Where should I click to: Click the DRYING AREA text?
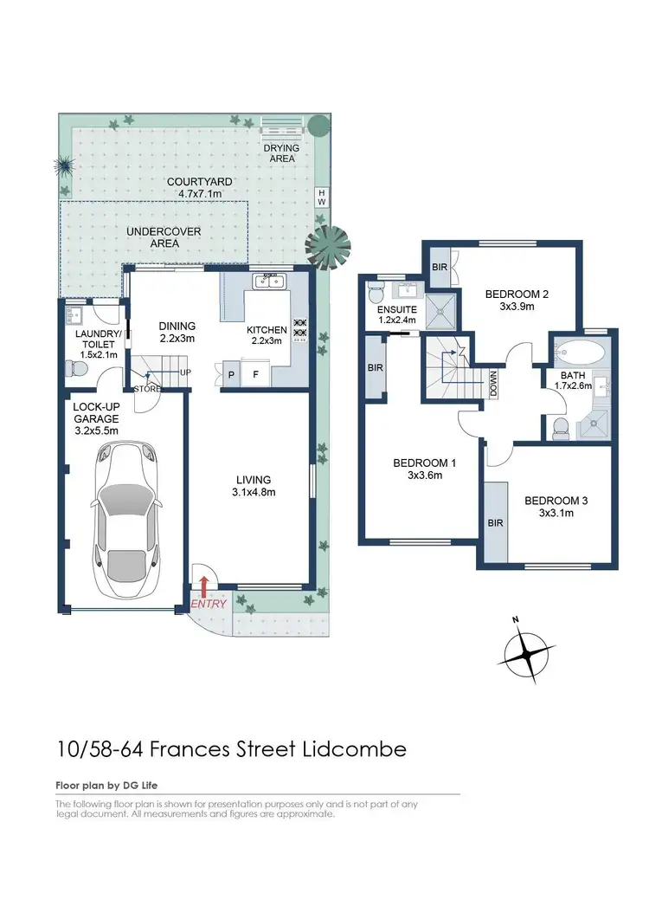click(281, 153)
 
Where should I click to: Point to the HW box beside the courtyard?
click(322, 197)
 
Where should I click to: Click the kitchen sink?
click(269, 282)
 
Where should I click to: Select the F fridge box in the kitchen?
click(255, 374)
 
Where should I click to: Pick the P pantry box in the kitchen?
click(230, 374)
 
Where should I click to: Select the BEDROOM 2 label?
click(517, 294)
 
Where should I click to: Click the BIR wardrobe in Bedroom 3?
click(496, 522)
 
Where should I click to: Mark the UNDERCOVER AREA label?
click(164, 237)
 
